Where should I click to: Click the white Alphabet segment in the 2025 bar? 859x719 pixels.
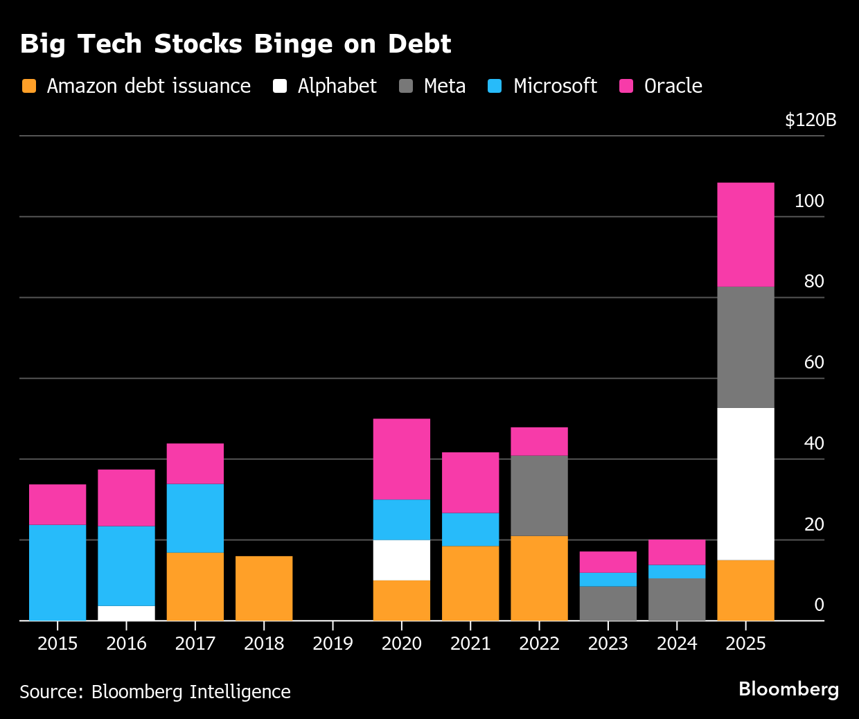745,483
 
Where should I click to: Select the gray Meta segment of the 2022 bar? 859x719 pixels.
539,495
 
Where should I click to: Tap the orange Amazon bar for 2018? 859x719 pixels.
264,588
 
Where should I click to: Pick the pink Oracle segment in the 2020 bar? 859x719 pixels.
401,459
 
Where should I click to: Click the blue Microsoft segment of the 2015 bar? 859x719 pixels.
57,572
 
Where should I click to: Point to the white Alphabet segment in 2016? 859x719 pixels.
126,613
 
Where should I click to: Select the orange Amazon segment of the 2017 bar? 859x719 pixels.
195,586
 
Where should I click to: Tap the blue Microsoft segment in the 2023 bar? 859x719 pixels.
608,579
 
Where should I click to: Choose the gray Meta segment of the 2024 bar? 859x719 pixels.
677,599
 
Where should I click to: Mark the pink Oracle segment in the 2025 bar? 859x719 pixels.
745,234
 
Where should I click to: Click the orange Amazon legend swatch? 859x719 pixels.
29,86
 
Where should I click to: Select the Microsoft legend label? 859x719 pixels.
555,86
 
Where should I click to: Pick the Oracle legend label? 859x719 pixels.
673,86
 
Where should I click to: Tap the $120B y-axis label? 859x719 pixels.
811,120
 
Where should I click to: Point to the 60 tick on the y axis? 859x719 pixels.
814,362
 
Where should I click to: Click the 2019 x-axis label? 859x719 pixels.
333,643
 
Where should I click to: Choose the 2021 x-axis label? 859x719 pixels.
470,643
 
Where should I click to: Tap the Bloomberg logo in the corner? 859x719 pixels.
788,689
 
